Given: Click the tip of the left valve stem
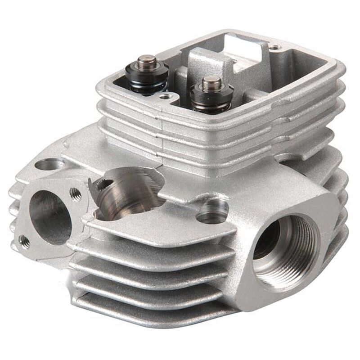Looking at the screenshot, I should [146, 59].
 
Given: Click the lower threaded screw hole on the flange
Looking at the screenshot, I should [25, 242].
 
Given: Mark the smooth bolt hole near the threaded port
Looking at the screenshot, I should [212, 211].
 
